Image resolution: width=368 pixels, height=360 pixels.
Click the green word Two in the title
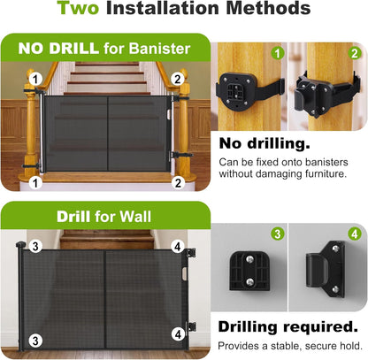(x=78, y=8)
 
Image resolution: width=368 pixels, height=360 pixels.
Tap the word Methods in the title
(x=268, y=8)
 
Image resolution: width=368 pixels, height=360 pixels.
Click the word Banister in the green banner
(x=159, y=49)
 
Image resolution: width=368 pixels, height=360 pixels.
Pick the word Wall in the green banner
(x=135, y=217)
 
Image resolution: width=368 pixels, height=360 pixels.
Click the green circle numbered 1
(x=278, y=53)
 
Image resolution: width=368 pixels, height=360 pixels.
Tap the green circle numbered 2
(x=355, y=53)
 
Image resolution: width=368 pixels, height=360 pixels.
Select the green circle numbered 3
(x=278, y=234)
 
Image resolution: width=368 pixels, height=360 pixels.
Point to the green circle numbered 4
(x=355, y=234)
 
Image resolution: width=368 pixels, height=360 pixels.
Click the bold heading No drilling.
(x=264, y=143)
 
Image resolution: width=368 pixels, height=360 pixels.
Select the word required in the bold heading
(x=320, y=326)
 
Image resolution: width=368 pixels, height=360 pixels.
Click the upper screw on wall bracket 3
(x=249, y=259)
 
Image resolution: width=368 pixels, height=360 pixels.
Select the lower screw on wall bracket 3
(x=249, y=281)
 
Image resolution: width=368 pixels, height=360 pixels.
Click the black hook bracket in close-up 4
(x=326, y=269)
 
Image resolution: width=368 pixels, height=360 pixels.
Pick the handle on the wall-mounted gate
(x=184, y=274)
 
